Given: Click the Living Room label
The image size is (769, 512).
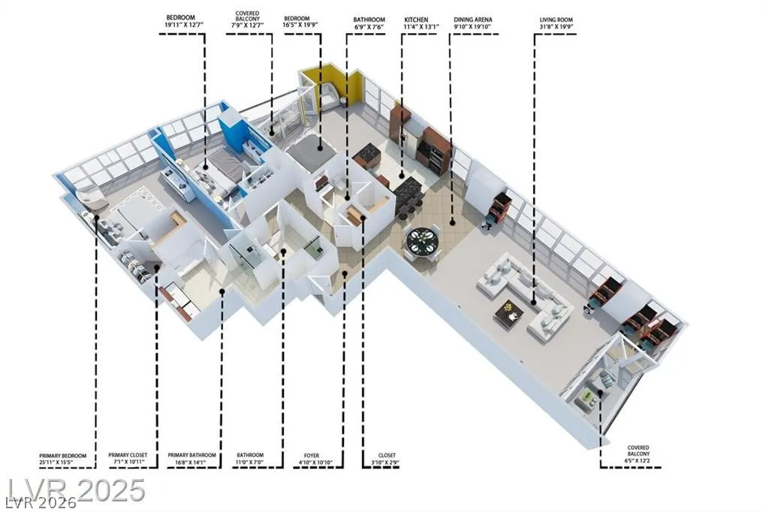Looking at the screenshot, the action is tap(556, 23).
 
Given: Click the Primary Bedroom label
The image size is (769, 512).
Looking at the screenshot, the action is tap(63, 459).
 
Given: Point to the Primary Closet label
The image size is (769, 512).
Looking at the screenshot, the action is tap(128, 459).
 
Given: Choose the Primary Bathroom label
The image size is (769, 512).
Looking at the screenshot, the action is tap(191, 459).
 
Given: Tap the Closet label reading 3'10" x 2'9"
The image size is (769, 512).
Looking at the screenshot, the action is tap(387, 459).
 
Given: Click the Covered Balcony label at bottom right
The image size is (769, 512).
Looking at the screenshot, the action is tap(638, 454).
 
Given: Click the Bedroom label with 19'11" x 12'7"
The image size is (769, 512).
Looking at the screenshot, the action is tap(180, 20).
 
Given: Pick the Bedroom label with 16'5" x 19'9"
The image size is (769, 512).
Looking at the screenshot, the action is tap(297, 22).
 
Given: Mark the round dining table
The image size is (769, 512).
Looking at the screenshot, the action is tap(422, 241).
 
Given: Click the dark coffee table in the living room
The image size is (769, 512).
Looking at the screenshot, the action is tap(510, 312).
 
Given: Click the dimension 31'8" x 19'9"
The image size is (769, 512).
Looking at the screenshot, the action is tap(556, 26).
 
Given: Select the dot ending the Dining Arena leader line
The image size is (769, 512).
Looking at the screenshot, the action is tap(452, 223).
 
